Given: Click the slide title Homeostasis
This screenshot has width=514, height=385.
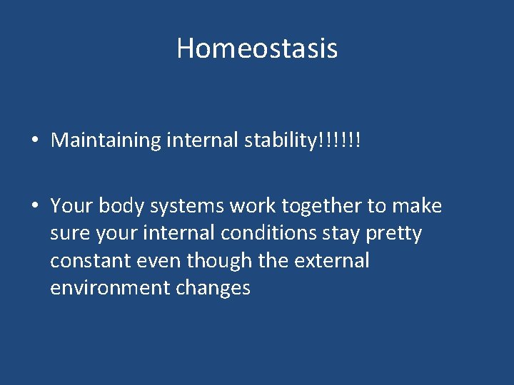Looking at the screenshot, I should [x=257, y=48].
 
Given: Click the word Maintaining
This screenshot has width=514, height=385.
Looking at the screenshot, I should [x=106, y=140].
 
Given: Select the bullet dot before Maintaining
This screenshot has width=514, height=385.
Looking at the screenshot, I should [x=34, y=140].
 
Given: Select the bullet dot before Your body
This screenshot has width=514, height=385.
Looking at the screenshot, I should [x=34, y=207].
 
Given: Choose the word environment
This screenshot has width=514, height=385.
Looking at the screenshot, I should [x=111, y=288].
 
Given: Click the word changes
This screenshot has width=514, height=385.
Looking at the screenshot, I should [x=215, y=288].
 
